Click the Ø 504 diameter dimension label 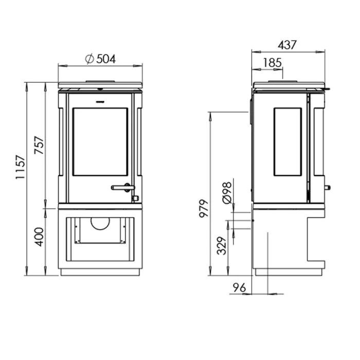pyautogui.click(x=100, y=59)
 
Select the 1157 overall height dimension pyautogui.click(x=20, y=167)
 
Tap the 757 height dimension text pyautogui.click(x=39, y=145)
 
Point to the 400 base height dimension pyautogui.click(x=40, y=237)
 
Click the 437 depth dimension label pyautogui.click(x=287, y=45)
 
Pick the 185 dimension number pyautogui.click(x=272, y=63)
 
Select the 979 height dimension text pyautogui.click(x=204, y=208)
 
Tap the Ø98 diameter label pyautogui.click(x=227, y=193)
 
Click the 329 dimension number pyautogui.click(x=222, y=246)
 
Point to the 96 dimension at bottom pyautogui.click(x=239, y=287)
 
